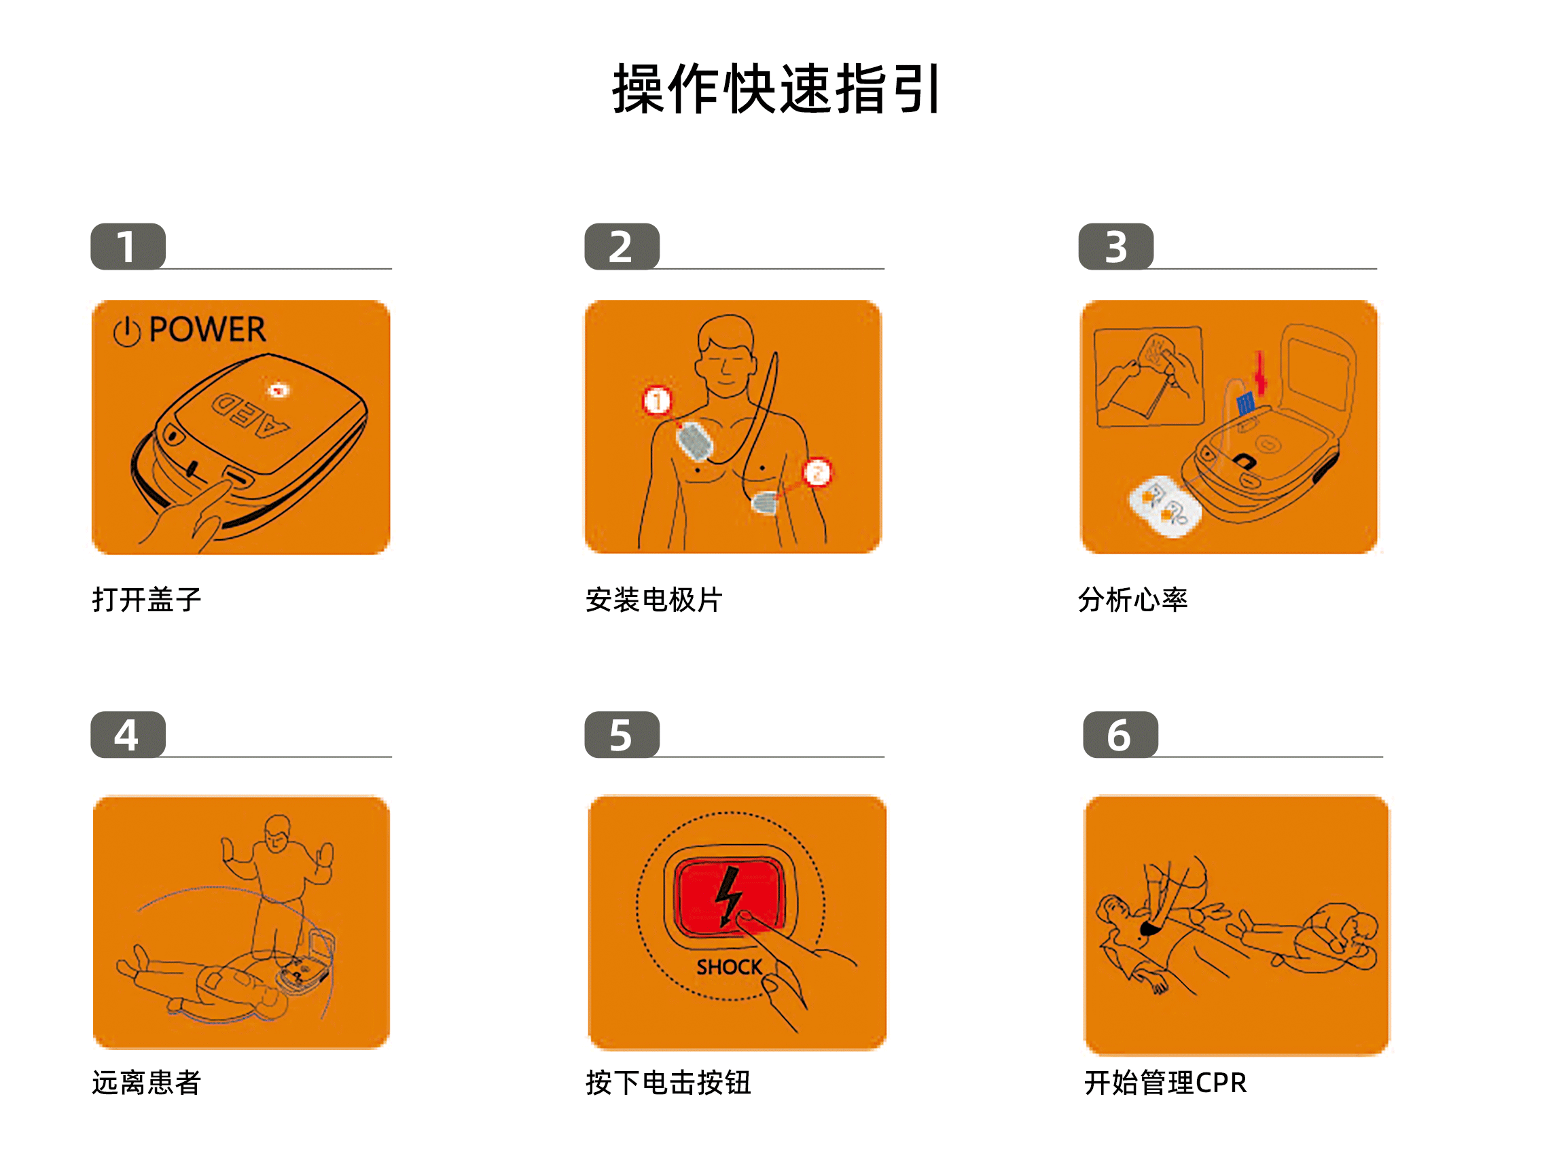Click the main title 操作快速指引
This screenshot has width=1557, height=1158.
776,90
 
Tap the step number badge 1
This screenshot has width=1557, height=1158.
128,247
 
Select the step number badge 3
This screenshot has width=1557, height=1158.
1115,247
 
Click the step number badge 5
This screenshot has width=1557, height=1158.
621,736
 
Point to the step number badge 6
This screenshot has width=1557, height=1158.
1120,736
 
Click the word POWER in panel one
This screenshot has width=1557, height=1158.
207,329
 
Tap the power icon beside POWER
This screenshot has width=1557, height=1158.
127,331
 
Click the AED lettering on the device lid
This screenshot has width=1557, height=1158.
250,415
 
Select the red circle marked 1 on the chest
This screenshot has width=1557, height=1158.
657,401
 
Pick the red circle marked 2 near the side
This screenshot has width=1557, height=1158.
817,473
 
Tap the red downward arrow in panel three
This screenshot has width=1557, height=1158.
1259,374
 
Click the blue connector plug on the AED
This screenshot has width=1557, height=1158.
1245,403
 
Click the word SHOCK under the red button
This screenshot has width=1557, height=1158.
728,967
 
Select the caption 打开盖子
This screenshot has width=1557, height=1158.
147,600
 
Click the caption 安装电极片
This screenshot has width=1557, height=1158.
654,600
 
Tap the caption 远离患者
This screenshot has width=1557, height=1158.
147,1083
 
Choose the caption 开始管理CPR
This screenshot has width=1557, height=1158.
1165,1083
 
